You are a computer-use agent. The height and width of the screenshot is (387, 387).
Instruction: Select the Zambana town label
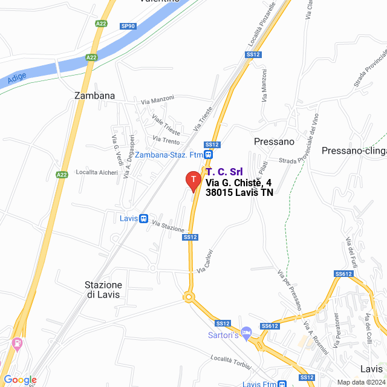(x=94, y=96)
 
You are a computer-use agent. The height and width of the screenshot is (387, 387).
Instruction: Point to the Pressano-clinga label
(x=354, y=151)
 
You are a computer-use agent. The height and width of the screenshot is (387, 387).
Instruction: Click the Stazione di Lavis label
(x=103, y=290)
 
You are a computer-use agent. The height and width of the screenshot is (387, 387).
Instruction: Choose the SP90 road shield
(x=128, y=26)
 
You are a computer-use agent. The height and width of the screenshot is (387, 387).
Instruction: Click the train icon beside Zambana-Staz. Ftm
(x=208, y=155)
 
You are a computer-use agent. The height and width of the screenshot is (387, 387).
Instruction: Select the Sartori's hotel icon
(x=246, y=331)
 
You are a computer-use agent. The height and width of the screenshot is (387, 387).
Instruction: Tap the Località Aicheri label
(x=97, y=172)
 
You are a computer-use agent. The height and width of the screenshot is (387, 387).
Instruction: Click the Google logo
(x=19, y=380)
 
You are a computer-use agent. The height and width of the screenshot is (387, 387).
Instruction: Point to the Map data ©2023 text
(x=360, y=382)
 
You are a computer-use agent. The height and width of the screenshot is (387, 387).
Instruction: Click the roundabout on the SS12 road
(x=190, y=297)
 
